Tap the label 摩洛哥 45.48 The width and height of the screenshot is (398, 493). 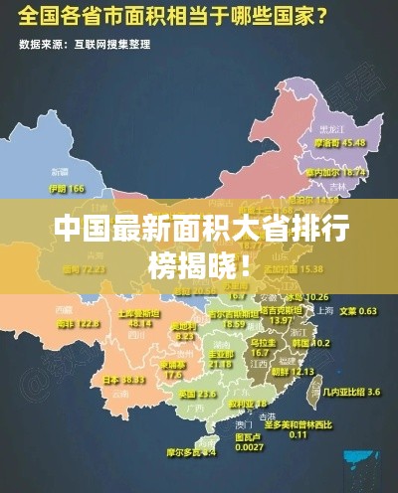341,142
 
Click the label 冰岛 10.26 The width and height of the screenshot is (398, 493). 306,297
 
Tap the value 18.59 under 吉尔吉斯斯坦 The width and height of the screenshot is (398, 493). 235,324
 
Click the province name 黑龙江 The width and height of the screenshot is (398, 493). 331,129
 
